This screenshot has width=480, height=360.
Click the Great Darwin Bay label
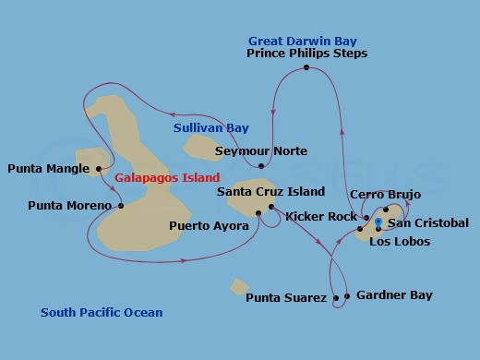pyautogui.click(x=303, y=41)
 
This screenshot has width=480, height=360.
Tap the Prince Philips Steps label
pyautogui.click(x=307, y=54)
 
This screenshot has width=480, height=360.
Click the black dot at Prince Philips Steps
pyautogui.click(x=306, y=67)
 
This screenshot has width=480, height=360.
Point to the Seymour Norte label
pyautogui.click(x=261, y=151)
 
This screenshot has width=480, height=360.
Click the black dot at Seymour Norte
pyautogui.click(x=262, y=166)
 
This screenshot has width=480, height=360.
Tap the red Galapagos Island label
pyautogui.click(x=167, y=177)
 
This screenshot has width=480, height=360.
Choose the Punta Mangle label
pyautogui.click(x=48, y=169)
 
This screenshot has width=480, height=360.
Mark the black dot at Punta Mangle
pyautogui.click(x=98, y=169)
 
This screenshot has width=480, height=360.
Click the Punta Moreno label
pyautogui.click(x=70, y=205)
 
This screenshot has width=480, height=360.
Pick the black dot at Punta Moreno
pyautogui.click(x=121, y=205)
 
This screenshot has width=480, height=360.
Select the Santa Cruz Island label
pyautogui.click(x=270, y=192)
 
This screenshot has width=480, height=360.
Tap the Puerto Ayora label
pyautogui.click(x=209, y=225)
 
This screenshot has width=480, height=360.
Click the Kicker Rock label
pyautogui.click(x=321, y=217)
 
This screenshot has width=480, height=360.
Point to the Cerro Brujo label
pyautogui.click(x=386, y=195)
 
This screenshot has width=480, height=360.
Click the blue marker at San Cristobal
pyautogui.click(x=378, y=222)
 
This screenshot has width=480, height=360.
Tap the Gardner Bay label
pyautogui.click(x=394, y=295)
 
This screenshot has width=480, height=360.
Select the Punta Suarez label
pyautogui.click(x=286, y=298)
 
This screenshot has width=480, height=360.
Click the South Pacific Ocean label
pyautogui.click(x=102, y=313)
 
